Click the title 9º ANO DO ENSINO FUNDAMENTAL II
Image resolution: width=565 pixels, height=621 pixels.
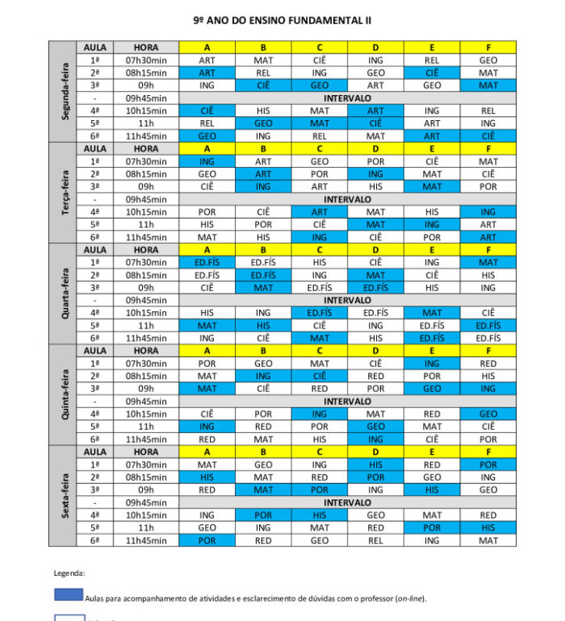(282, 19)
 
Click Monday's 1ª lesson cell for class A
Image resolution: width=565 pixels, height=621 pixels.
(207, 60)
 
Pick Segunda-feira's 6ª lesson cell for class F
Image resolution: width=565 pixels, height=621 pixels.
(488, 136)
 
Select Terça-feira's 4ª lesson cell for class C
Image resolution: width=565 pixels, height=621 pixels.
(320, 212)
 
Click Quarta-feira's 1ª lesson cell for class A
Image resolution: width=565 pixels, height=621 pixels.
(207, 262)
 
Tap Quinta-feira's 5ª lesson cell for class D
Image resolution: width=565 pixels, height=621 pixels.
(375, 427)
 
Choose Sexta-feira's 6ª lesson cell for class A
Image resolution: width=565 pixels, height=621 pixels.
(207, 540)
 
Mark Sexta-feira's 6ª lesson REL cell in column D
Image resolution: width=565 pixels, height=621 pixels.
(375, 540)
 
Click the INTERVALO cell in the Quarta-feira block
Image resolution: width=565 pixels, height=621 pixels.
(347, 300)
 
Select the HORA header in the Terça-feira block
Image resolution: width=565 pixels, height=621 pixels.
(146, 148)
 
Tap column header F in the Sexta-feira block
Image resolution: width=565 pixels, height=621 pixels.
(488, 452)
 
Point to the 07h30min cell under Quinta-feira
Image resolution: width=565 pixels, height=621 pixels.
(146, 364)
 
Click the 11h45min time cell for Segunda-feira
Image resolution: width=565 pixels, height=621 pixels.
(146, 136)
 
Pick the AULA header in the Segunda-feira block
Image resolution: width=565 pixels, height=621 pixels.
(95, 48)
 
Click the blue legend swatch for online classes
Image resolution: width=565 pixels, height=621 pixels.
(69, 595)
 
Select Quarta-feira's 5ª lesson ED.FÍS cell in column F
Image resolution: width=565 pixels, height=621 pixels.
(488, 326)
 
